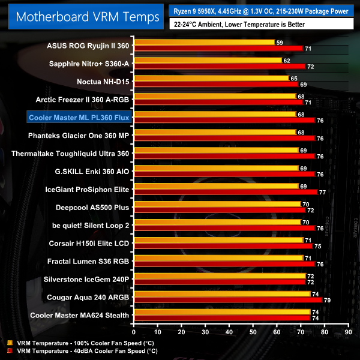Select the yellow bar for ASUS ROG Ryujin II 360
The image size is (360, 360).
[204, 43]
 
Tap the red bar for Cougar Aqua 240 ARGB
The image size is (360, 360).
[228, 300]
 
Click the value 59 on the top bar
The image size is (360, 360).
[280, 43]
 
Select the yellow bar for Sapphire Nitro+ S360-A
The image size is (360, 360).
[208, 61]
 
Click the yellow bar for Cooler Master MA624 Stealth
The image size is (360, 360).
[222, 312]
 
